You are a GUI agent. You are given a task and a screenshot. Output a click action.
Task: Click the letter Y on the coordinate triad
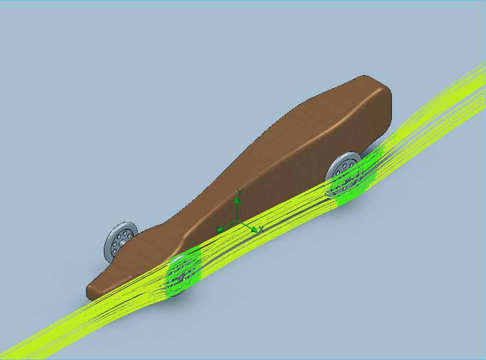[240, 193]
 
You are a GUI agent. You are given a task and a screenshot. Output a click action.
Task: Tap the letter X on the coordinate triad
[261, 229]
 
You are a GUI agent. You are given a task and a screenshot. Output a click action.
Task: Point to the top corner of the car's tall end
[367, 79]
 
